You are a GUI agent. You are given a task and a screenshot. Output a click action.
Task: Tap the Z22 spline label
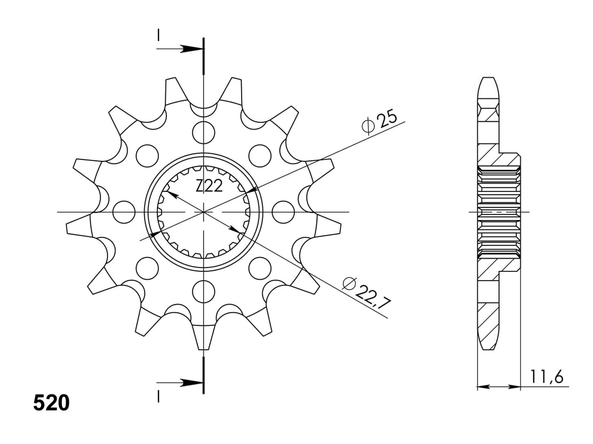[x=209, y=186]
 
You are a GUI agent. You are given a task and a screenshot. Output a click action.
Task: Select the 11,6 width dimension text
[x=547, y=376]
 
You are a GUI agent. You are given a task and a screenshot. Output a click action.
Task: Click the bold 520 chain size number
[x=51, y=403]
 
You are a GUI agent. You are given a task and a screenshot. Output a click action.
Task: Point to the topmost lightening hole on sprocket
[x=203, y=132]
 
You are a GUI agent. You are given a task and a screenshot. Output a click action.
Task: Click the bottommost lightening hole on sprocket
[x=203, y=292]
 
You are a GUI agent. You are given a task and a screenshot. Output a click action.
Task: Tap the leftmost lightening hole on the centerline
[x=124, y=212]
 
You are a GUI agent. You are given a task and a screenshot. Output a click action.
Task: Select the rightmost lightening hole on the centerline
[x=283, y=212]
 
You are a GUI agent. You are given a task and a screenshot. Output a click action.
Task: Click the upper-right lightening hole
[x=260, y=156]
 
